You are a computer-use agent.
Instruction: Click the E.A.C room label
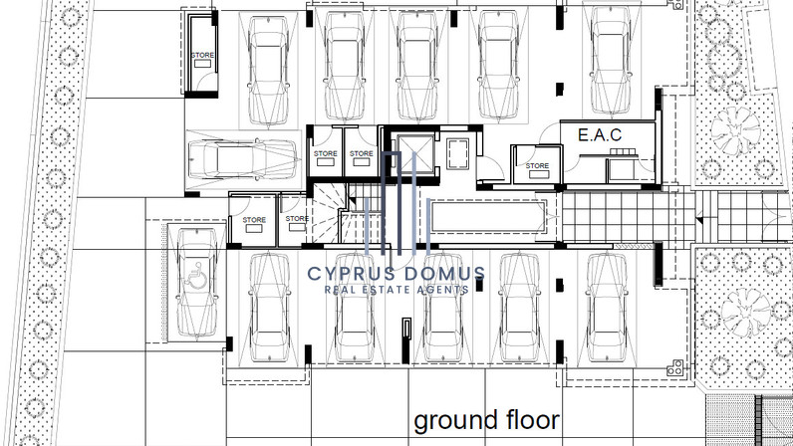pyautogui.click(x=600, y=135)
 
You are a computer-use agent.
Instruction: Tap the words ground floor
pyautogui.click(x=486, y=420)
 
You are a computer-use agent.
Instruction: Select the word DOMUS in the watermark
pyautogui.click(x=445, y=274)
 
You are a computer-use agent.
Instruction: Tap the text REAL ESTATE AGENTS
pyautogui.click(x=396, y=290)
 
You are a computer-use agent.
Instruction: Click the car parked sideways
pyautogui.click(x=243, y=158)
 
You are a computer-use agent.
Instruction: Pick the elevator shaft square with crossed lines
pyautogui.click(x=415, y=153)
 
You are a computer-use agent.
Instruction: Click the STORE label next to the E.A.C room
pyautogui.click(x=537, y=165)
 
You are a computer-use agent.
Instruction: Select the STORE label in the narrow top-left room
pyautogui.click(x=202, y=55)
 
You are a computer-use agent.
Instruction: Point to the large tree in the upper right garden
pyautogui.click(x=735, y=130)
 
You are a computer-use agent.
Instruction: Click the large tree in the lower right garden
pyautogui.click(x=746, y=312)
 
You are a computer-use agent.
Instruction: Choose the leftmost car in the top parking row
pyautogui.click(x=269, y=70)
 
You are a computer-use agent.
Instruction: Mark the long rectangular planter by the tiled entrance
pyautogui.click(x=488, y=216)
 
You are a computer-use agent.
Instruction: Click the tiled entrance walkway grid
pyautogui.click(x=626, y=217)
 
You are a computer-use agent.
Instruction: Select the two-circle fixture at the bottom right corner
pyautogui.click(x=675, y=367)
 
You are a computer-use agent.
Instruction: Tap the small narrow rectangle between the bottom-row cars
pyautogui.click(x=406, y=340)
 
